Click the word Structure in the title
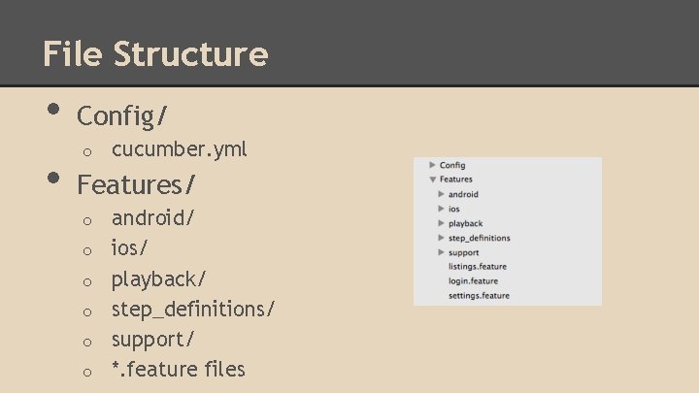[190, 53]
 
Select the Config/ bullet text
[122, 116]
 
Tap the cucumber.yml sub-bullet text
[180, 148]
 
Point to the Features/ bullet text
[137, 182]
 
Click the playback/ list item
[158, 278]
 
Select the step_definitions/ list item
[193, 309]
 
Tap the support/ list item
[152, 339]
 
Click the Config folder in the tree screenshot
[452, 165]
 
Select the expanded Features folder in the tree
[456, 180]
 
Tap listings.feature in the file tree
[478, 267]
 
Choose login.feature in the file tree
[473, 281]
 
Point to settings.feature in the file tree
[479, 296]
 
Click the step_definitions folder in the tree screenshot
[479, 238]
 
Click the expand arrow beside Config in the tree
[432, 165]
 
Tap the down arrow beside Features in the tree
[432, 180]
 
